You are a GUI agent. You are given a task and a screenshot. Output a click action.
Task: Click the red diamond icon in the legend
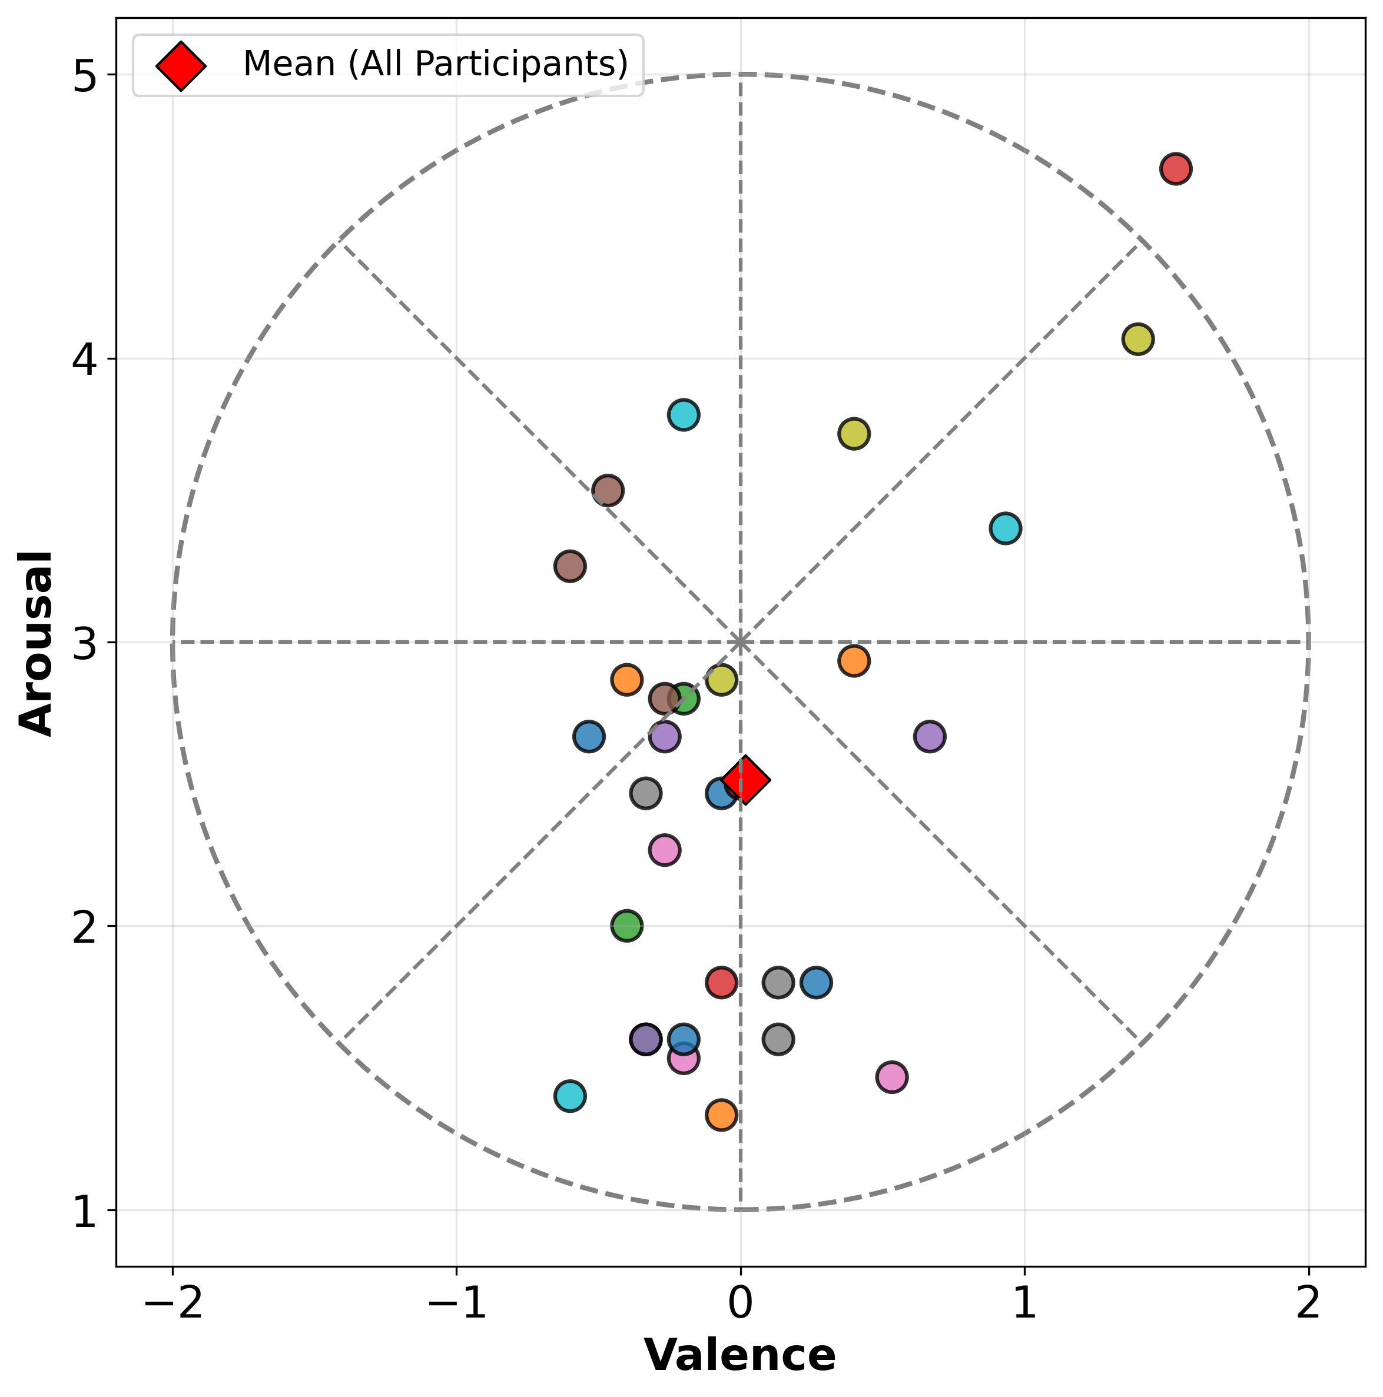pyautogui.click(x=181, y=66)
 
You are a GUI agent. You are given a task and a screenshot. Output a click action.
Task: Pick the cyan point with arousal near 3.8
pyautogui.click(x=684, y=415)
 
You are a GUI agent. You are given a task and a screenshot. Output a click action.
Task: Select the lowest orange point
pyautogui.click(x=721, y=1115)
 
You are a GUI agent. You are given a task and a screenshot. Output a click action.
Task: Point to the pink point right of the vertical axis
pyautogui.click(x=892, y=1077)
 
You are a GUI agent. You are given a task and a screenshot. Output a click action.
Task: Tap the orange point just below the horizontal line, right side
pyautogui.click(x=854, y=661)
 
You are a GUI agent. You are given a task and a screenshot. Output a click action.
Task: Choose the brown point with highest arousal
pyautogui.click(x=608, y=490)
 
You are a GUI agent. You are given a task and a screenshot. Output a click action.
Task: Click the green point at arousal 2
pyautogui.click(x=627, y=926)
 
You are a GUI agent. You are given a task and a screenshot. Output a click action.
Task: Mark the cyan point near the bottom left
pyautogui.click(x=570, y=1096)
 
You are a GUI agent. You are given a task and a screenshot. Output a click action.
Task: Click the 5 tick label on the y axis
pyautogui.click(x=84, y=75)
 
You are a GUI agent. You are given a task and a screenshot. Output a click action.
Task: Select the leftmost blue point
pyautogui.click(x=589, y=737)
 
